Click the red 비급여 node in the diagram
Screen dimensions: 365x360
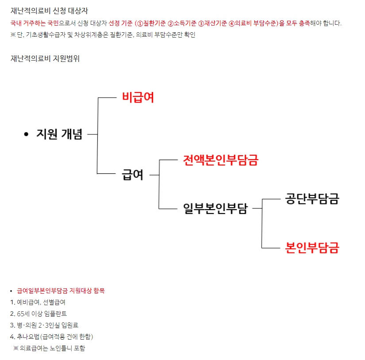138,97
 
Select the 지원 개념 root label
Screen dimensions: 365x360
59,134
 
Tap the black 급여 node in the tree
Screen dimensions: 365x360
132,175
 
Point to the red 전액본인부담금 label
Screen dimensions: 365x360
221,160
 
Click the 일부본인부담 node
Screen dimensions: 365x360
215,208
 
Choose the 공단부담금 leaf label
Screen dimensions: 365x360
312,199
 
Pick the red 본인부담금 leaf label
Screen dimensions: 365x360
312,248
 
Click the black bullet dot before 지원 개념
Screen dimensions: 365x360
26,134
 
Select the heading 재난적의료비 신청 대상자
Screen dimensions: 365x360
50,11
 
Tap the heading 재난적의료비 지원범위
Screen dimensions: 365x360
45,58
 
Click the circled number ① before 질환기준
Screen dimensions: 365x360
140,23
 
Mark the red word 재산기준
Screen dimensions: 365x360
215,23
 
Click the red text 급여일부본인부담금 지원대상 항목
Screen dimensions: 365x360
61,291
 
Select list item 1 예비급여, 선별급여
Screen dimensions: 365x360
38,303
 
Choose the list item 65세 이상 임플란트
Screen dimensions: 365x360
38,314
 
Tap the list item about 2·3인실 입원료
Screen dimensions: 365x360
44,325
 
